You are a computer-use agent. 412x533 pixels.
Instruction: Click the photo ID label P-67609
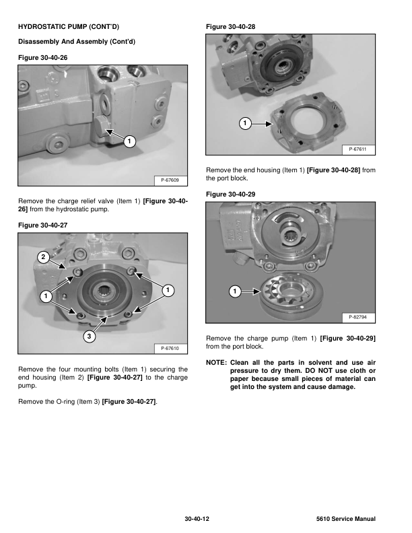pyautogui.click(x=170, y=180)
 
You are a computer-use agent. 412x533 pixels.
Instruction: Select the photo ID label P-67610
pyautogui.click(x=170, y=348)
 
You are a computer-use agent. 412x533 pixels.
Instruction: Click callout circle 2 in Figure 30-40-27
pyautogui.click(x=42, y=257)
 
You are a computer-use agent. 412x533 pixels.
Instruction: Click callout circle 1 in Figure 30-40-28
pyautogui.click(x=245, y=123)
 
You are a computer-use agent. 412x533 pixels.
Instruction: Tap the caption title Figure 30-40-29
pyautogui.click(x=230, y=194)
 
